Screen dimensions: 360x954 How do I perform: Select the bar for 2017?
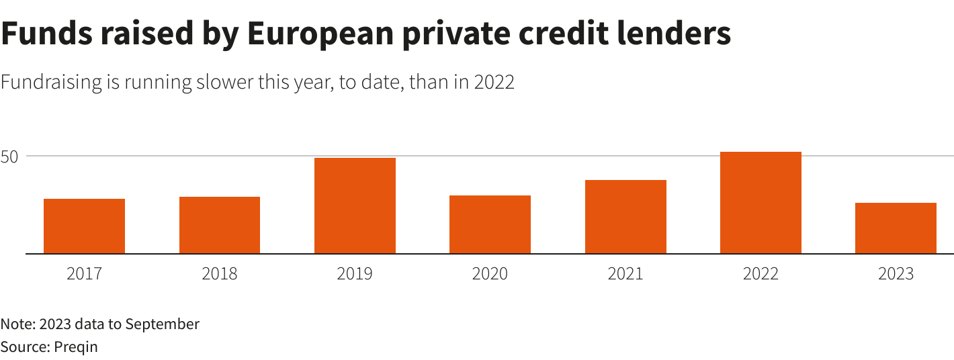tap(84, 226)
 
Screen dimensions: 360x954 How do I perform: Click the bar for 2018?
tap(220, 225)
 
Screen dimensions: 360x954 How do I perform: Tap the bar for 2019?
tap(355, 206)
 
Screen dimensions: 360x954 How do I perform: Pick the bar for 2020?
tap(490, 224)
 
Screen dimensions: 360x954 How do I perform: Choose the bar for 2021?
tap(625, 217)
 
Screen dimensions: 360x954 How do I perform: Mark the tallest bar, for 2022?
tap(761, 203)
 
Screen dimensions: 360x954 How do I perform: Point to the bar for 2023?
tap(896, 228)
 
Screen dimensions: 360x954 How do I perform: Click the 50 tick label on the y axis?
tap(13, 156)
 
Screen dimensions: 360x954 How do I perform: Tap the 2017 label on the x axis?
tap(84, 274)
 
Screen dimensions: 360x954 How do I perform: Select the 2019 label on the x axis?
tap(355, 274)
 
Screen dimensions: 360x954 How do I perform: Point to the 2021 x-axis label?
tap(625, 274)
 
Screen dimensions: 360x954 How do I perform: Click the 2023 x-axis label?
tap(896, 274)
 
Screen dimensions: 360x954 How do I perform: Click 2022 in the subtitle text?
tap(494, 83)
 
